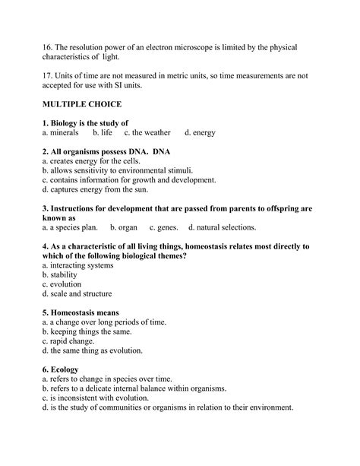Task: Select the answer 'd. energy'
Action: coord(200,133)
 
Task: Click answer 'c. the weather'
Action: coord(147,133)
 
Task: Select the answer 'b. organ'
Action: coord(123,227)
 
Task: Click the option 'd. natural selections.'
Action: coord(222,227)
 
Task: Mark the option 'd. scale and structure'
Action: coord(77,293)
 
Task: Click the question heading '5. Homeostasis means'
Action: coord(81,312)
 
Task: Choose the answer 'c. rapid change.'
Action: coord(74,341)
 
